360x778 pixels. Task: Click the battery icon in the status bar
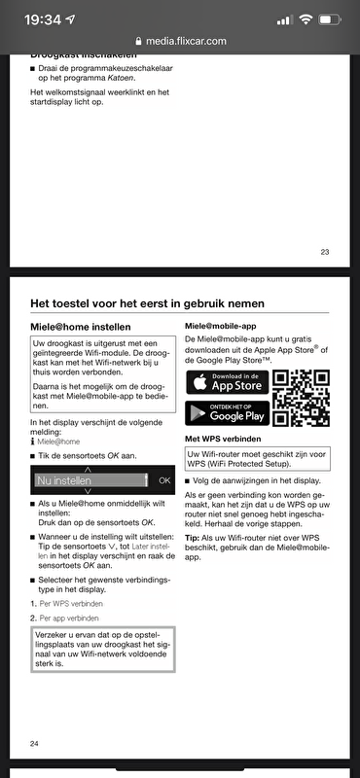pyautogui.click(x=332, y=18)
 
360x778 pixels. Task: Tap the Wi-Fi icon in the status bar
pyautogui.click(x=305, y=18)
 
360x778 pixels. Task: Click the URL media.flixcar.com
pyautogui.click(x=187, y=41)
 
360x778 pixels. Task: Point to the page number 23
pyautogui.click(x=324, y=252)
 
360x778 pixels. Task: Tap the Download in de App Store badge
pyautogui.click(x=226, y=380)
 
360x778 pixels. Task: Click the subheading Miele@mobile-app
pyautogui.click(x=222, y=325)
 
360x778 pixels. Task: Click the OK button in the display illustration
pyautogui.click(x=164, y=480)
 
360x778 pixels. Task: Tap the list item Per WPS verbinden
pyautogui.click(x=71, y=603)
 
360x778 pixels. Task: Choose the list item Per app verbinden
pyautogui.click(x=71, y=618)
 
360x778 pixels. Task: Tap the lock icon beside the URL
pyautogui.click(x=139, y=41)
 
